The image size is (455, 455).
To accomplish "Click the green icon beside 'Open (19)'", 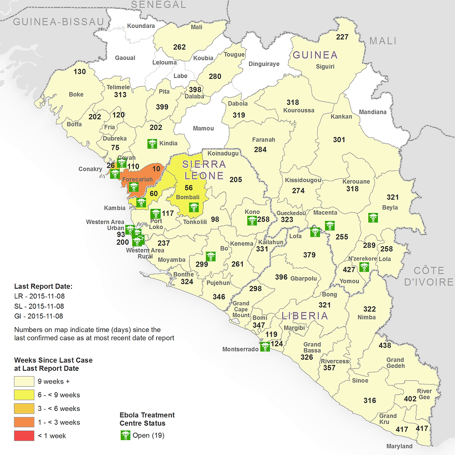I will tap(125, 435).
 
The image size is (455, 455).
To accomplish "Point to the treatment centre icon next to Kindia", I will tap(151, 144).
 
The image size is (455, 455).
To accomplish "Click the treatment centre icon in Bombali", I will tap(193, 208).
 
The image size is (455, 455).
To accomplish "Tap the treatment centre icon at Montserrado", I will tap(265, 346).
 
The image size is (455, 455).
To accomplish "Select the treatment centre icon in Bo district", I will tap(211, 256).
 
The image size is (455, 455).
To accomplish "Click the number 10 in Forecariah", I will tap(156, 169).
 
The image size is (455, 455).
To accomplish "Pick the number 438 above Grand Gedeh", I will tap(385, 345).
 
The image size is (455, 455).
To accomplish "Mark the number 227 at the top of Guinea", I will tap(342, 37).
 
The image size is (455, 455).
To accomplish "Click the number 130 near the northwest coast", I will tap(80, 71).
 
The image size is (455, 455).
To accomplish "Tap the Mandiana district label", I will tap(372, 112).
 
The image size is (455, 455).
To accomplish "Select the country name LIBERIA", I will tap(305, 316).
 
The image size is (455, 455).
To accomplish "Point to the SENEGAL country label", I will tap(158, 5).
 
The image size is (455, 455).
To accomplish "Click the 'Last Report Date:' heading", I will tap(43, 286).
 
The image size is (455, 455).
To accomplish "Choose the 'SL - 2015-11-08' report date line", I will tap(39, 306).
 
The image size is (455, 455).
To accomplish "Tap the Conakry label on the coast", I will tap(90, 169).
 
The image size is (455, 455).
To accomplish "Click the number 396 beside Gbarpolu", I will tap(281, 277).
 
